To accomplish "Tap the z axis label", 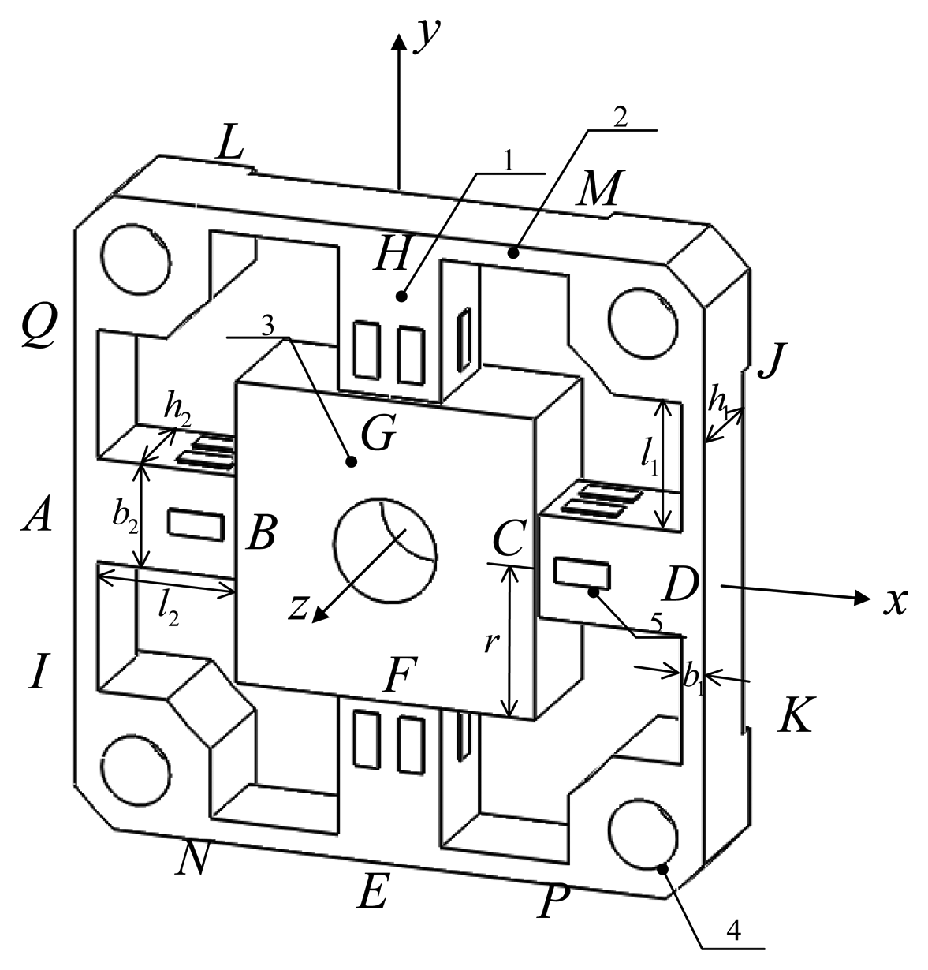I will [x=297, y=606].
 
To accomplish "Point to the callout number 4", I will [x=732, y=931].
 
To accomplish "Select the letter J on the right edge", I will [x=770, y=362].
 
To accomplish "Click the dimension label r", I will [x=490, y=644].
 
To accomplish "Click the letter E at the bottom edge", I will [x=372, y=892].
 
